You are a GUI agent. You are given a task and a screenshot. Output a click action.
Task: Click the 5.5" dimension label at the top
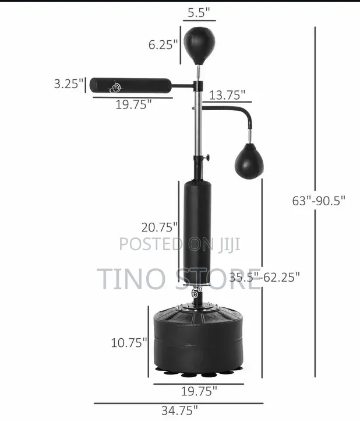pyautogui.click(x=199, y=12)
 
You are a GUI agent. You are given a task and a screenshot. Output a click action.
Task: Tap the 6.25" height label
pyautogui.click(x=163, y=44)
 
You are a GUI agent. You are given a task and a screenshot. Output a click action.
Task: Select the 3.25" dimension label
pyautogui.click(x=69, y=83)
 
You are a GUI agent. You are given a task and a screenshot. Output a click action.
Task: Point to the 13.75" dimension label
pyautogui.click(x=227, y=95)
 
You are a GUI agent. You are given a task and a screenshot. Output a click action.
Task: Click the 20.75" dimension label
pyautogui.click(x=160, y=227)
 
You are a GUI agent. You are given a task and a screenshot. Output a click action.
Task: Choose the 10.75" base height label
pyautogui.click(x=129, y=343)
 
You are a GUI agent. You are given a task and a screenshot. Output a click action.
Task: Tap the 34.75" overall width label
pyautogui.click(x=179, y=411)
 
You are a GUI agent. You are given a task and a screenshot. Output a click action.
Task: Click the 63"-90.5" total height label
pyautogui.click(x=319, y=201)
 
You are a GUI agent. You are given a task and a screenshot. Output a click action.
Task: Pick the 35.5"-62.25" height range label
pyautogui.click(x=264, y=277)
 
